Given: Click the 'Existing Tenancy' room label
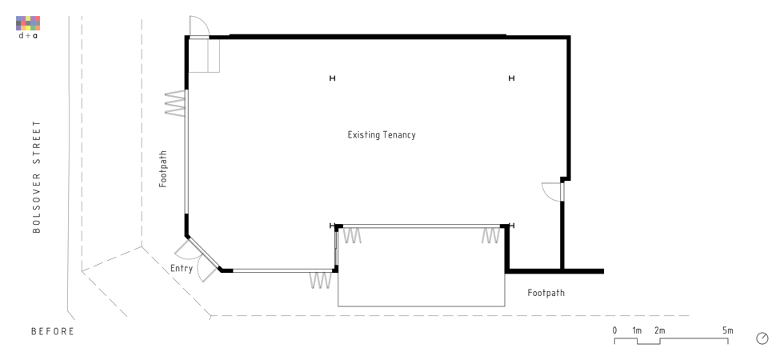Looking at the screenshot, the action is pyautogui.click(x=382, y=135).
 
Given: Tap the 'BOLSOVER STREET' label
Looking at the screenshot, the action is pyautogui.click(x=36, y=177).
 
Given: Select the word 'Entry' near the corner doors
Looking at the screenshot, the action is pyautogui.click(x=181, y=269).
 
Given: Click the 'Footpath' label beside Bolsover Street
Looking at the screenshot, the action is pyautogui.click(x=163, y=169).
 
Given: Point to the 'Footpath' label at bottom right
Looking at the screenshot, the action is pyautogui.click(x=546, y=293).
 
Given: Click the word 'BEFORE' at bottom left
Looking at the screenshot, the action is pyautogui.click(x=53, y=331).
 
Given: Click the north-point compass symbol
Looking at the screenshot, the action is pyautogui.click(x=762, y=338).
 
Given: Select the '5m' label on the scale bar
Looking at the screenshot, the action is pyautogui.click(x=727, y=330).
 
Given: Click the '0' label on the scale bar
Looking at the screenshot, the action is pyautogui.click(x=614, y=330).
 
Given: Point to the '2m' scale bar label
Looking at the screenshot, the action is pyautogui.click(x=659, y=330).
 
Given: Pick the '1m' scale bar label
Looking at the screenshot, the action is pyautogui.click(x=637, y=330).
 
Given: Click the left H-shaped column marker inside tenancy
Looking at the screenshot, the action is pyautogui.click(x=332, y=78).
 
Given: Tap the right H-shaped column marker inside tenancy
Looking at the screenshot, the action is pyautogui.click(x=511, y=78).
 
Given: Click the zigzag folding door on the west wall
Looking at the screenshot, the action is pyautogui.click(x=175, y=104).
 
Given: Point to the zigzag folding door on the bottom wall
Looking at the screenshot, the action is pyautogui.click(x=321, y=280).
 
